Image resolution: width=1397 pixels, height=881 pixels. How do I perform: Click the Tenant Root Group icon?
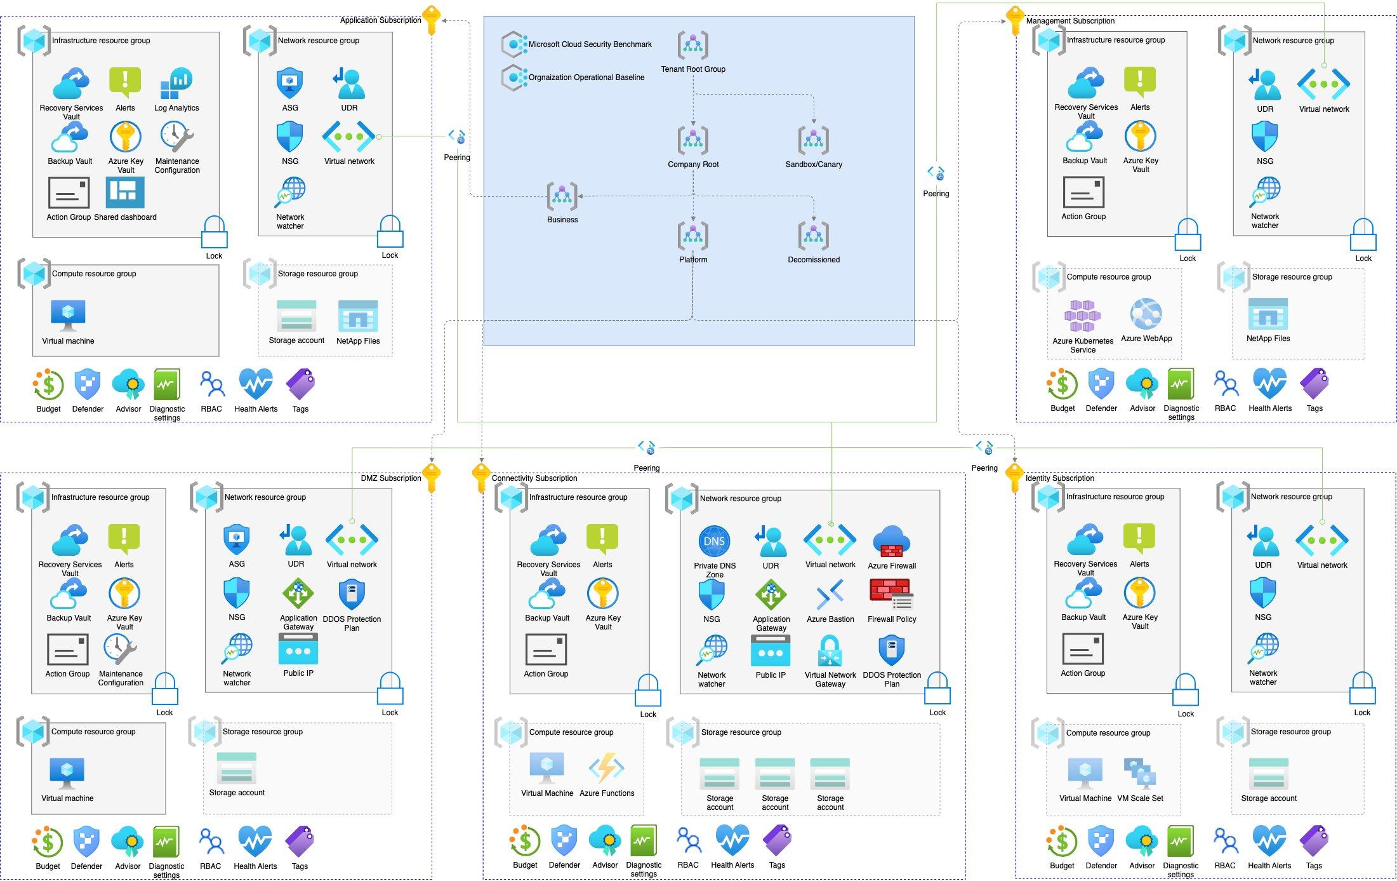692,46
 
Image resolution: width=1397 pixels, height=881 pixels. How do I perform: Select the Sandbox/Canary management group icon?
813,140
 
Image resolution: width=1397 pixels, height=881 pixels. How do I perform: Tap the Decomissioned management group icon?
813,236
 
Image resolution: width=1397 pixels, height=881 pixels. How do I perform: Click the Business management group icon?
562,196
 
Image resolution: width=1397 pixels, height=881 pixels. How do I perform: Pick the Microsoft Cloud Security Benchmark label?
590,44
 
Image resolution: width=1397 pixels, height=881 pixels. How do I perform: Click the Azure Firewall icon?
891,541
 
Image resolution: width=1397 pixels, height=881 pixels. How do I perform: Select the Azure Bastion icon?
830,595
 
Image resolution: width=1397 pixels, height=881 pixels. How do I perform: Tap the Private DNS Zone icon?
714,541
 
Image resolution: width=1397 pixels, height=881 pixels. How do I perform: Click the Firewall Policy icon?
891,595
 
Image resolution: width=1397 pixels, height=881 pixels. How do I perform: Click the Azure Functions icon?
606,769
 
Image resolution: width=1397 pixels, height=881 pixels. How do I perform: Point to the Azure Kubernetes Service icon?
1082,316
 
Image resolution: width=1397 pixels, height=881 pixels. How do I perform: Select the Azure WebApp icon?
1146,314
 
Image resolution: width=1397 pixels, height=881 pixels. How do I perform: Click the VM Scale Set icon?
1139,773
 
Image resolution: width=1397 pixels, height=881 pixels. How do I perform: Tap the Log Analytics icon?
176,84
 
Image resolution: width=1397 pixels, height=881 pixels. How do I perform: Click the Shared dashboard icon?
125,192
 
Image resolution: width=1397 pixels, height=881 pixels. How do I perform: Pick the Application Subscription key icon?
432,20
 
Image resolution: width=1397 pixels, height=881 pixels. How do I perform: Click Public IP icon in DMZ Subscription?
298,649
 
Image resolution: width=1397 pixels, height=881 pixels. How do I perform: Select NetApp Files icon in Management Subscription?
1268,314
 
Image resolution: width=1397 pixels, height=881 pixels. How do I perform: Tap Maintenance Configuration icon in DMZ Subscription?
121,649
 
